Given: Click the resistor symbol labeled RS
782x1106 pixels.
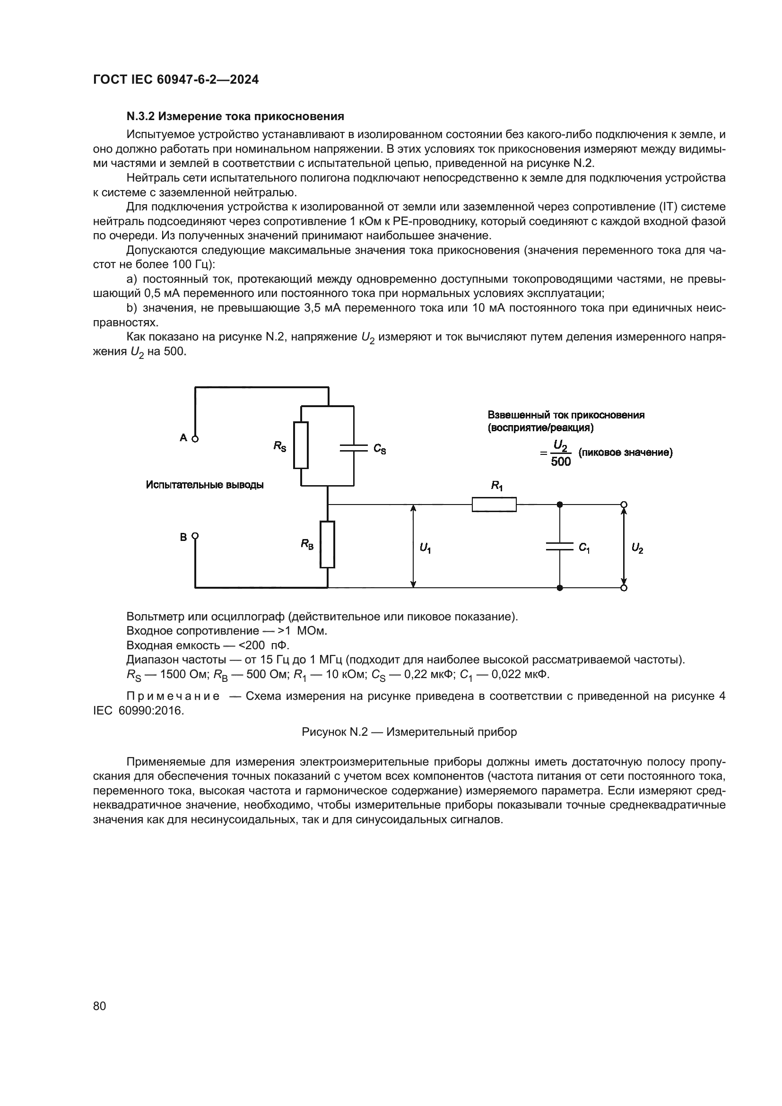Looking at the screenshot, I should click(301, 445).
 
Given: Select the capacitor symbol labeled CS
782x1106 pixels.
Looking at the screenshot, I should click(354, 448).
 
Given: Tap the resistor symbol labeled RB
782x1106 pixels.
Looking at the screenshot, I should click(328, 544).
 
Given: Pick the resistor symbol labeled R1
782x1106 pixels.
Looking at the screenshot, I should click(494, 505).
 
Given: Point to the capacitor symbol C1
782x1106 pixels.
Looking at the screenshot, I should click(559, 546).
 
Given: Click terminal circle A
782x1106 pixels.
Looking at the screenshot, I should click(195, 439).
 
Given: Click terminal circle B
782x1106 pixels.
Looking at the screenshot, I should click(195, 536).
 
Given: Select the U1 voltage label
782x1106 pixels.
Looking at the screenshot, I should click(425, 548).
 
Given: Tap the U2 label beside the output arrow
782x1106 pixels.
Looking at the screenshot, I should click(637, 548).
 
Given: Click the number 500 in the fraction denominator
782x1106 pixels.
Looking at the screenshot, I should click(561, 462).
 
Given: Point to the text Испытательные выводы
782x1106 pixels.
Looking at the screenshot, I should click(205, 485).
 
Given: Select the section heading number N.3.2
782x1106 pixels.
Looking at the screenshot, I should click(140, 116).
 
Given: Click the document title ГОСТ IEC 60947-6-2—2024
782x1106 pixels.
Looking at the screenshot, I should click(176, 79).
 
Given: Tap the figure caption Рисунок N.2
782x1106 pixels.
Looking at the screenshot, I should click(409, 732).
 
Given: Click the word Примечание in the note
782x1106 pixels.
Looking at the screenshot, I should click(173, 696).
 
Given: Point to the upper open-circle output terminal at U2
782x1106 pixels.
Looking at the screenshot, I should click(624, 505).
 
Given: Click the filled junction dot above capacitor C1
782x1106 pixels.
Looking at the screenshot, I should click(559, 505).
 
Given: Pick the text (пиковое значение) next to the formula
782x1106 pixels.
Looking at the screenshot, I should click(625, 453).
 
